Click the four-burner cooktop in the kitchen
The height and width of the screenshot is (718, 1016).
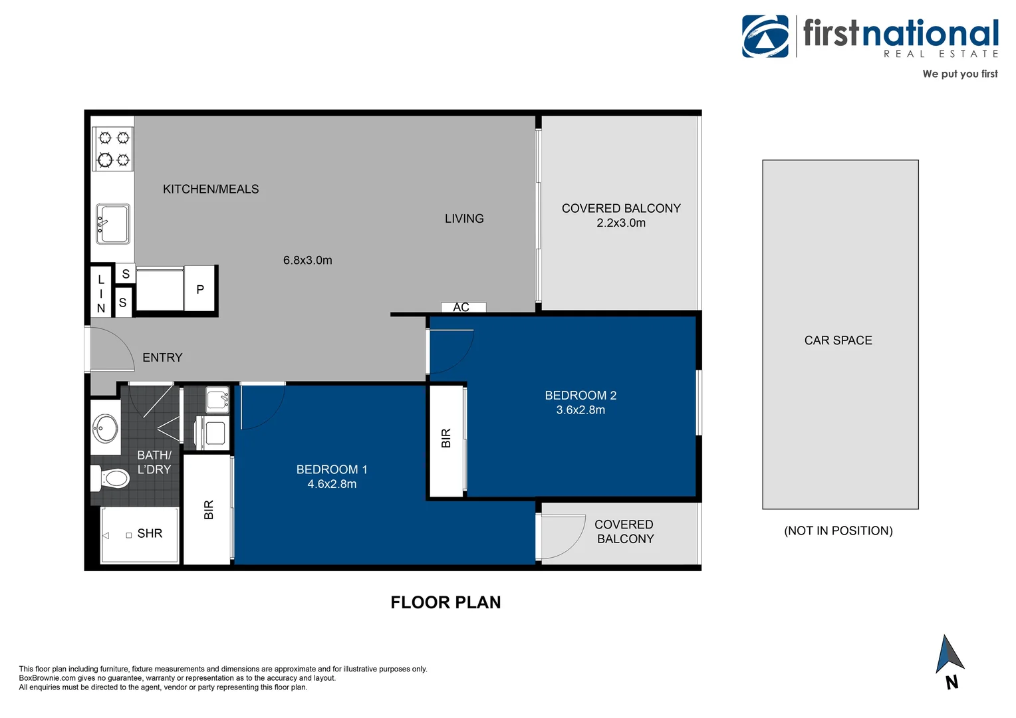tap(113, 148)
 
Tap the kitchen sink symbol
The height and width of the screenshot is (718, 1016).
tap(113, 223)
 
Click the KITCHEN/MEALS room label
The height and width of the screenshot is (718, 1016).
tap(211, 189)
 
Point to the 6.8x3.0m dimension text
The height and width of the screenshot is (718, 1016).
tap(307, 260)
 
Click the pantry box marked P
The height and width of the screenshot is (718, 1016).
tap(199, 289)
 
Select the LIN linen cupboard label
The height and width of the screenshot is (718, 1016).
tap(101, 293)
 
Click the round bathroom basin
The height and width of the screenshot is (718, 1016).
tap(105, 427)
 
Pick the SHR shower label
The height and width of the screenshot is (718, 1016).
tap(150, 533)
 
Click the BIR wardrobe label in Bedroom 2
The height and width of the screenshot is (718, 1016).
tap(446, 438)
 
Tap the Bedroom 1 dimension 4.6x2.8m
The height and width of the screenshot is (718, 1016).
tap(332, 484)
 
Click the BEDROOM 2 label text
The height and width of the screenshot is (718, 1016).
tap(580, 395)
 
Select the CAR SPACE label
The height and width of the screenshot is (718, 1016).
tap(838, 340)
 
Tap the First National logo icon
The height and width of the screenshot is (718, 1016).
tap(765, 37)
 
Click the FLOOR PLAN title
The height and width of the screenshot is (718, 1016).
tap(445, 602)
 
